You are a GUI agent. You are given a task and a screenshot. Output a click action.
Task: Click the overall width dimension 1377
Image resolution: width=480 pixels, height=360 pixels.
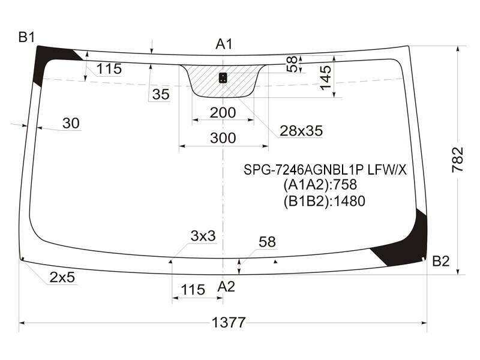coord(229,322)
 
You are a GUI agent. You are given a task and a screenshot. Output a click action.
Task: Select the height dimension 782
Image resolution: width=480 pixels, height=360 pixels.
coord(458,160)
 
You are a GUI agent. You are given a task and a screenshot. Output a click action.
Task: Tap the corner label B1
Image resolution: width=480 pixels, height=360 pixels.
coord(27,37)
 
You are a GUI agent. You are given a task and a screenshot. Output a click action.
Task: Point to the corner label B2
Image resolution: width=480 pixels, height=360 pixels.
coord(441,261)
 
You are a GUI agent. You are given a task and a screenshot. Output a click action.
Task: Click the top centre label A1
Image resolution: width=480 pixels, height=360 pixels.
coord(224,44)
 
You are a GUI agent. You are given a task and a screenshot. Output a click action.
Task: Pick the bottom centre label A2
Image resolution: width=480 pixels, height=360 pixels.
coord(226,287)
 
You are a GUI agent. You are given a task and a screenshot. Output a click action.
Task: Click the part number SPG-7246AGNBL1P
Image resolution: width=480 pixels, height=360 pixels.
coord(304,170)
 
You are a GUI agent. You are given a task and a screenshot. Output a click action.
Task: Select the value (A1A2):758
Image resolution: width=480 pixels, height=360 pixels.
coord(320,185)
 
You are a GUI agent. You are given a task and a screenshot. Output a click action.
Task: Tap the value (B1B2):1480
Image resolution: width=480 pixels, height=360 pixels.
coord(325,201)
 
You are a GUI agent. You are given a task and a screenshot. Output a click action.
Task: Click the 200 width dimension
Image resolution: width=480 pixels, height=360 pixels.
coord(223,113)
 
